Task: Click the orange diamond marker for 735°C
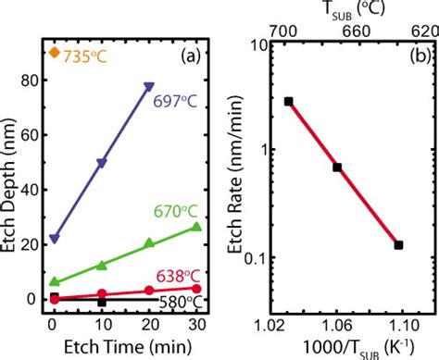[56, 53]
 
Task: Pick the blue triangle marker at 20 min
[149, 87]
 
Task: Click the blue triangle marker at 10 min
[102, 163]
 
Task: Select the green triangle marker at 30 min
[196, 227]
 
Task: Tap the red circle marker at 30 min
[196, 288]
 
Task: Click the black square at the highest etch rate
[289, 101]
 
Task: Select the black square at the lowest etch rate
[398, 245]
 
